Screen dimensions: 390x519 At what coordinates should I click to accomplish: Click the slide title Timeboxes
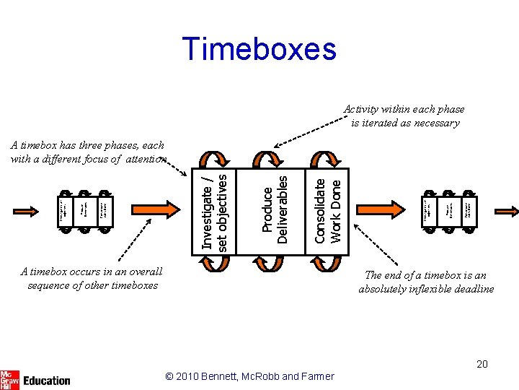click(x=259, y=49)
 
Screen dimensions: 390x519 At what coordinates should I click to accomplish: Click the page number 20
click(x=482, y=364)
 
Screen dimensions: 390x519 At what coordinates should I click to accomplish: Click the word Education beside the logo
click(x=47, y=380)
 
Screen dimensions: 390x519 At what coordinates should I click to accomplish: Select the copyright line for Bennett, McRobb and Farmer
click(x=249, y=376)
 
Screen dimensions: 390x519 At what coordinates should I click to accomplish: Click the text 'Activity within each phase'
click(x=404, y=109)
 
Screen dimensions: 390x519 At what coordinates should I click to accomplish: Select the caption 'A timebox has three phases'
click(x=87, y=145)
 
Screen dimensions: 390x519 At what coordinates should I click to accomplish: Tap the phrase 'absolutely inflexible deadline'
click(x=426, y=289)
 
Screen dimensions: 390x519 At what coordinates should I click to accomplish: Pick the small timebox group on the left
click(x=85, y=211)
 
